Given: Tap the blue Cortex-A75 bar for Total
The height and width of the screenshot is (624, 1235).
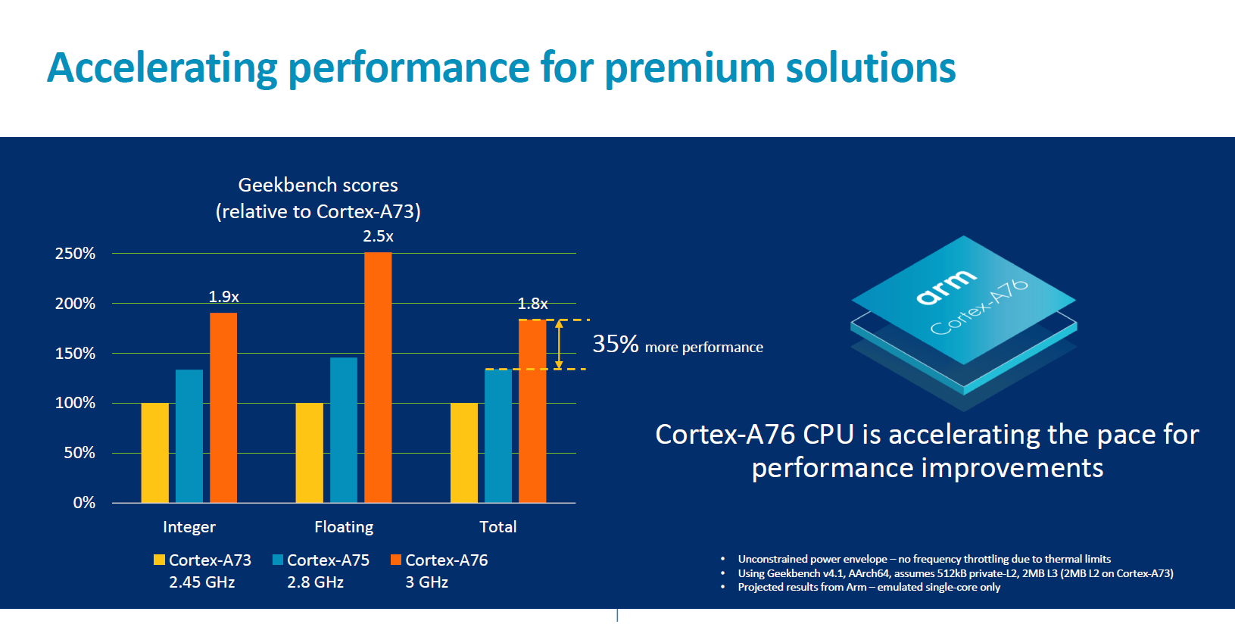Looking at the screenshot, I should coord(498,436).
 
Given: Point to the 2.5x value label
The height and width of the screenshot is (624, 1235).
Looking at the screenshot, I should coord(378,236).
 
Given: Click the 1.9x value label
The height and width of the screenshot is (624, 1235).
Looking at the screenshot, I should coord(223,297).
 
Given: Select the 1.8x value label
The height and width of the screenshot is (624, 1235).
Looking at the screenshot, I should coord(532,304).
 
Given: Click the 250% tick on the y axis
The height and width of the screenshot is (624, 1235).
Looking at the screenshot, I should coord(75,254).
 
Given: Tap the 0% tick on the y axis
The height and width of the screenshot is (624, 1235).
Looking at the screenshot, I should coord(84,503).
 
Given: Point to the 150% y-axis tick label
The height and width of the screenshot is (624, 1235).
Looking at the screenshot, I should coord(75,354).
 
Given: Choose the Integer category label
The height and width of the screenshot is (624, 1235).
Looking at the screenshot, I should coord(189,527).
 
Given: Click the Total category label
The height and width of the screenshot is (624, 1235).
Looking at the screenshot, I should coord(498,527).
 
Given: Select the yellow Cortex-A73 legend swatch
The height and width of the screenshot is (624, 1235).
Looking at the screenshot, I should coord(159,560).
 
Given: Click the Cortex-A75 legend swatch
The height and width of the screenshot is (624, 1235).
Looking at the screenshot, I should coord(278,560).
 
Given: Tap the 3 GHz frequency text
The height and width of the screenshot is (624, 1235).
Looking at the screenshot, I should coord(426,582).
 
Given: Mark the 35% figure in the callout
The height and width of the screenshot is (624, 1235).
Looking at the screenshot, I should coord(616,345).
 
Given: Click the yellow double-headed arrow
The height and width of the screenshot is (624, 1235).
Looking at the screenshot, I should coord(559,345).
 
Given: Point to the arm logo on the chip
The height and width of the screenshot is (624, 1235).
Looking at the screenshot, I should coord(946,287).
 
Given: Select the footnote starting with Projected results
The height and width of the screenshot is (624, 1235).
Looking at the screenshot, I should coord(869,588).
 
